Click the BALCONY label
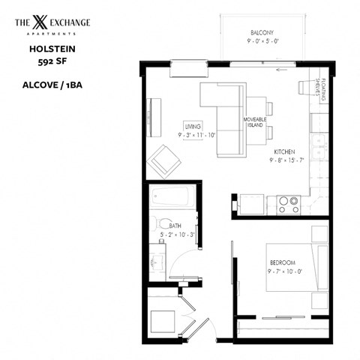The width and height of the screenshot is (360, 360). tap(262, 32)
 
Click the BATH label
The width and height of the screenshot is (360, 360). tap(175, 225)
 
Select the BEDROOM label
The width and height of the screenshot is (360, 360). tap(282, 262)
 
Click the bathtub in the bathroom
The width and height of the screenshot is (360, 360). tap(172, 199)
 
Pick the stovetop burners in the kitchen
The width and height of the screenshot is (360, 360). tap(288, 201)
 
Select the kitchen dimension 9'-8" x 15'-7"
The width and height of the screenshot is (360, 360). tap(286, 160)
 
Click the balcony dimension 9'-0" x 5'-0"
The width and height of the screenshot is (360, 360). tap(262, 43)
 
